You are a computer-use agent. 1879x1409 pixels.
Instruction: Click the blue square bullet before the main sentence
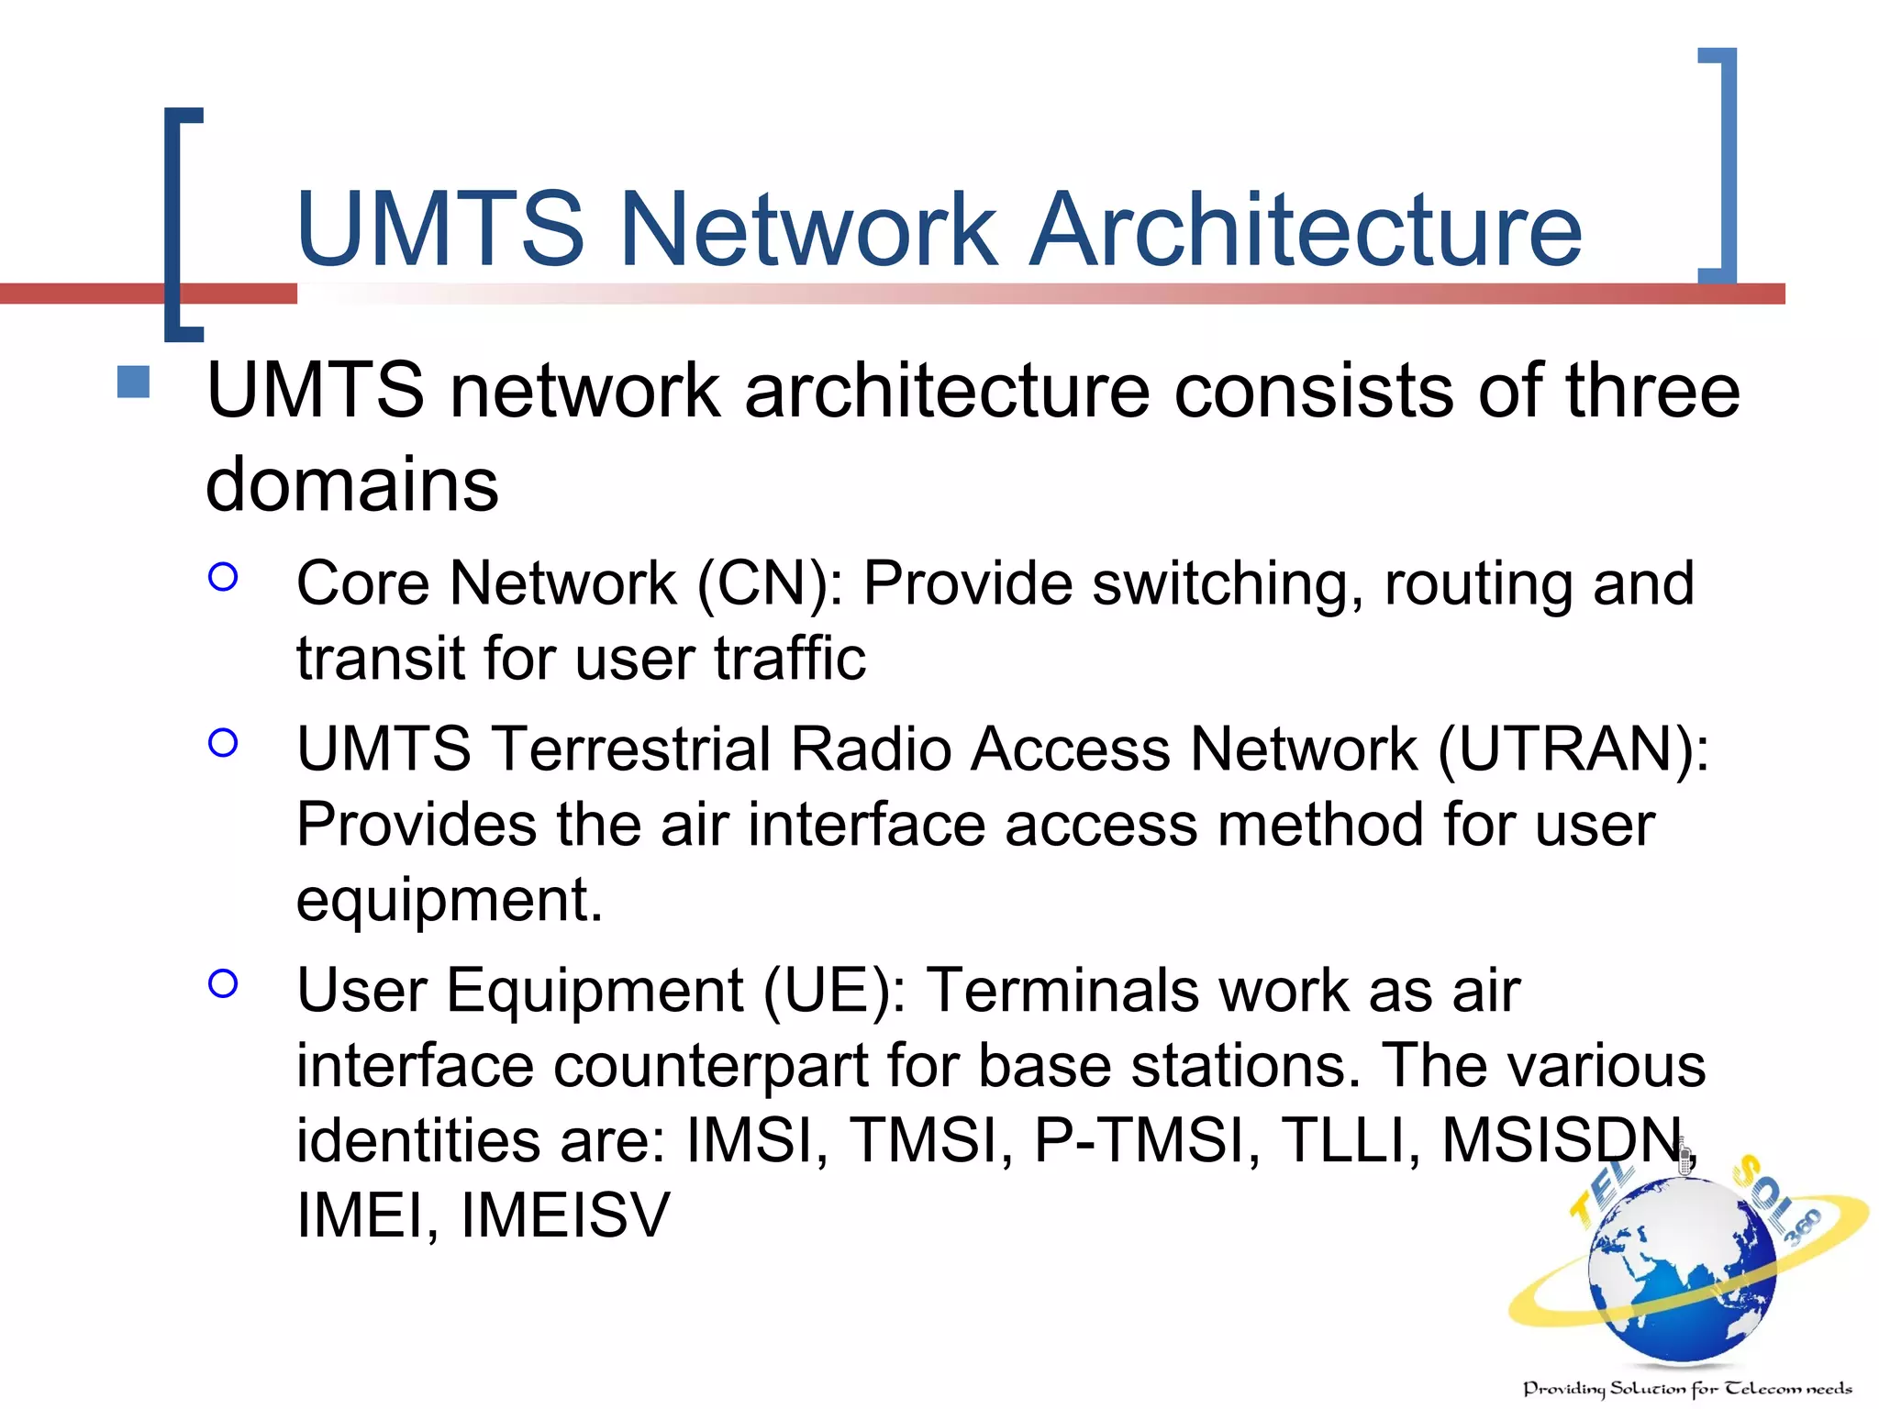(x=134, y=383)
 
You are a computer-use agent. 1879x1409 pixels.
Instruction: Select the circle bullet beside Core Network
(x=223, y=577)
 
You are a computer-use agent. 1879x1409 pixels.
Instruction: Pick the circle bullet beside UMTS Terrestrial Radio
(x=223, y=742)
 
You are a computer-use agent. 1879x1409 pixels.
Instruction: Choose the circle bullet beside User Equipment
(x=223, y=983)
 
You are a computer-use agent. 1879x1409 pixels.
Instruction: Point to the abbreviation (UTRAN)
(x=1572, y=749)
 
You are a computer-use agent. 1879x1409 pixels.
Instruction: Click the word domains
(x=352, y=483)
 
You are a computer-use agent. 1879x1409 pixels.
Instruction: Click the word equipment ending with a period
(x=449, y=900)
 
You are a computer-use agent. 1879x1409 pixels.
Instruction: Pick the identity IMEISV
(x=565, y=1215)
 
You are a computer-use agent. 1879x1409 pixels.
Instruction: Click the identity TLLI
(x=1350, y=1141)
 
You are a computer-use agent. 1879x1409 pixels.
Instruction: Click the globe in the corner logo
(x=1683, y=1270)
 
